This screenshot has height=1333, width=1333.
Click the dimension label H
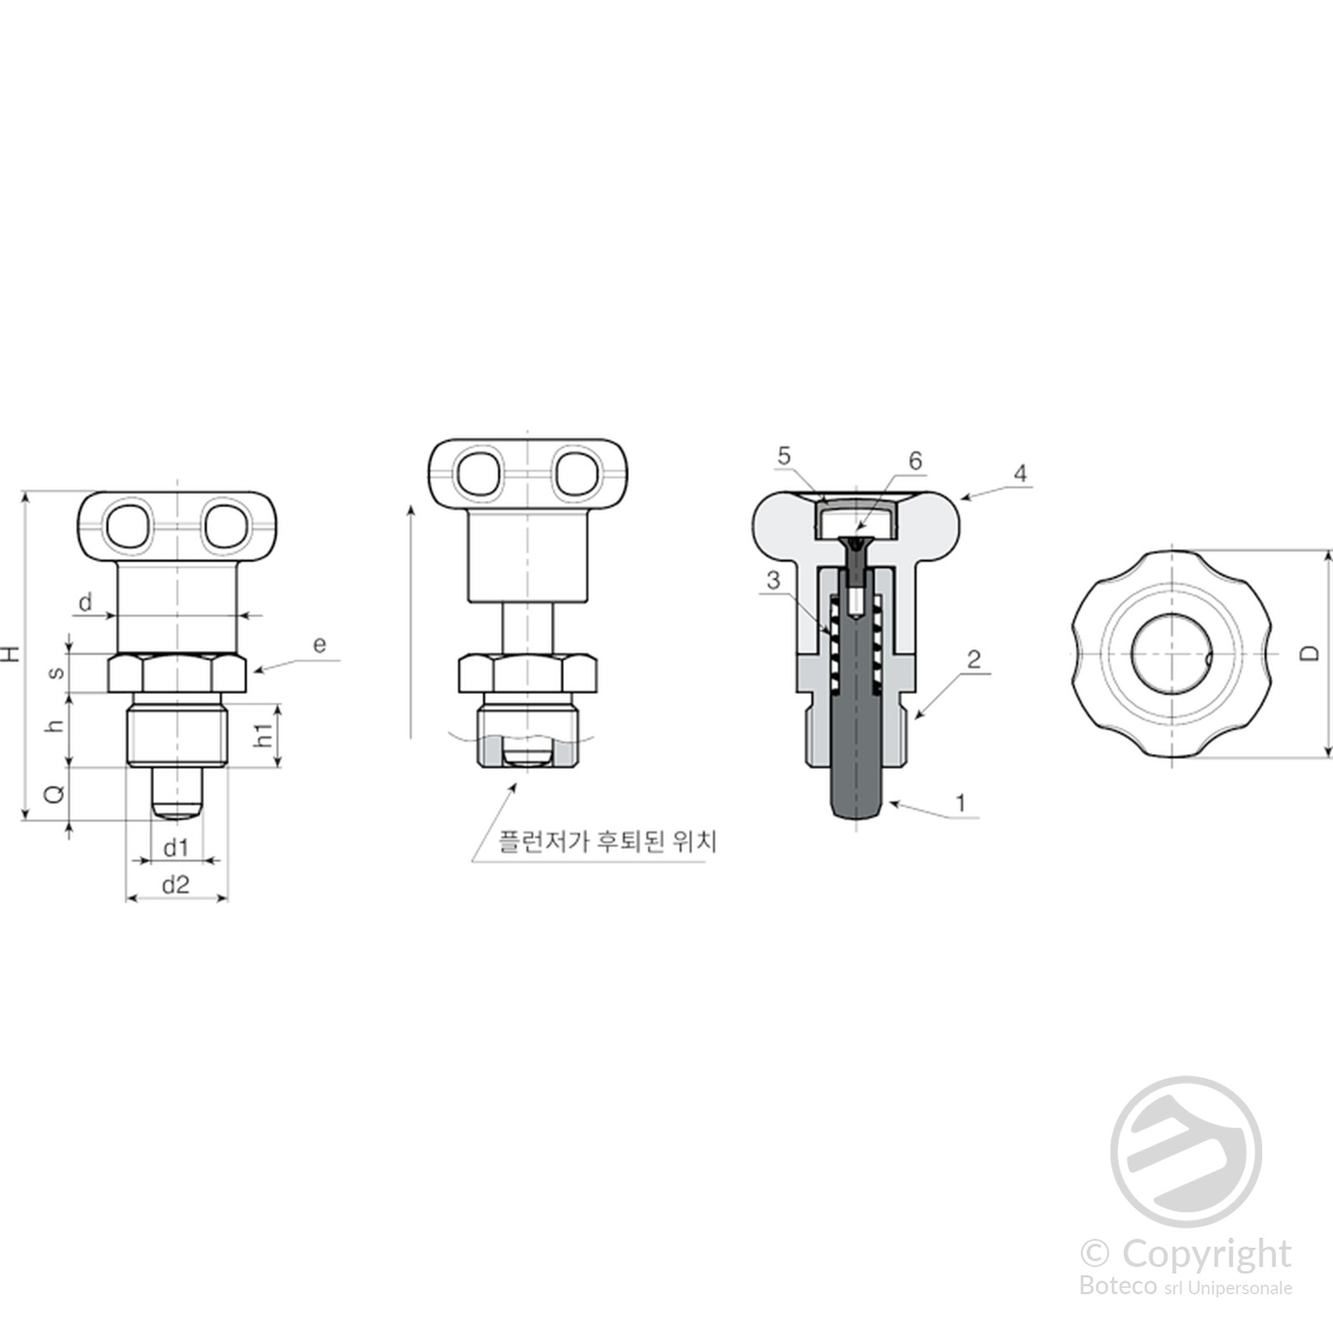(11, 653)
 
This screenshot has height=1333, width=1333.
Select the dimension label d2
(176, 885)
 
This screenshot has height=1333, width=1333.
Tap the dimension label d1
(176, 848)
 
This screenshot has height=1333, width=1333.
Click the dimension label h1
(264, 735)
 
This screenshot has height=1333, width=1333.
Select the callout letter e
(319, 644)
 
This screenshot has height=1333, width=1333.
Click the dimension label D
(1311, 653)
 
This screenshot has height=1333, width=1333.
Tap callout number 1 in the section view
(961, 803)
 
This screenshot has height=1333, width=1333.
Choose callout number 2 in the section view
(974, 660)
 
